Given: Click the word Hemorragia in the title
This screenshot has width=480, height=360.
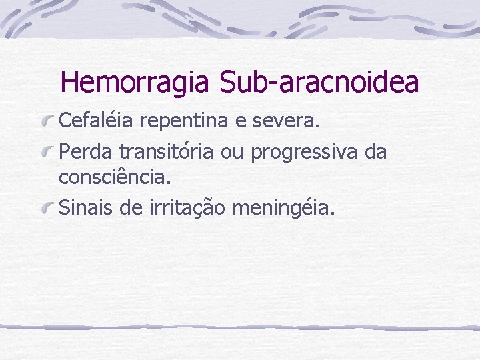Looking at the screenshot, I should click(x=135, y=82).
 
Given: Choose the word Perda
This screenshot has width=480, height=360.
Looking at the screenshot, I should click(x=81, y=151).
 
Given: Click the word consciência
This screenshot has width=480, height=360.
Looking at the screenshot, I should click(x=115, y=178).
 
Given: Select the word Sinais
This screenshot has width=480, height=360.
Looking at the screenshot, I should click(x=79, y=208).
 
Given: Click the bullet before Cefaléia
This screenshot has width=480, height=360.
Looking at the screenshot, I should click(x=47, y=123).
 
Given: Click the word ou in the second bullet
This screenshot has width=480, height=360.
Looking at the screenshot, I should click(x=232, y=153).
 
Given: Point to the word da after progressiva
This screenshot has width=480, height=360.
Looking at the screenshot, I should click(x=375, y=151).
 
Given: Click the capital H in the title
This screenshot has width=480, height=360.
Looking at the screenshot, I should click(x=70, y=82).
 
